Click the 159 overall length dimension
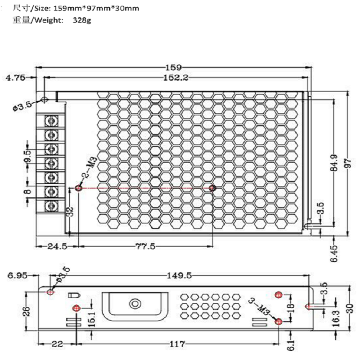pyautogui.click(x=174, y=68)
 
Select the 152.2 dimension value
pyautogui.click(x=176, y=78)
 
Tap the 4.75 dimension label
pyautogui.click(x=15, y=78)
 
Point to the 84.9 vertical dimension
pyautogui.click(x=334, y=163)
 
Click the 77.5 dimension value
pyautogui.click(x=145, y=247)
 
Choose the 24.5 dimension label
pyautogui.click(x=57, y=247)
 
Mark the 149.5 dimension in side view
pyautogui.click(x=179, y=276)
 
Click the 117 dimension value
pyautogui.click(x=177, y=344)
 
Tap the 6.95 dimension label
pyautogui.click(x=17, y=276)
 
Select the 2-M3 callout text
pyautogui.click(x=90, y=167)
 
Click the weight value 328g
pyautogui.click(x=82, y=20)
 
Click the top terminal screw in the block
pyautogui.click(x=51, y=121)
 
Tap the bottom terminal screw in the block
pyautogui.click(x=51, y=205)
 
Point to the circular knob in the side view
pyautogui.click(x=135, y=304)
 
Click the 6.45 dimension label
pyautogui.click(x=334, y=253)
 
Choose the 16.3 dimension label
pyautogui.click(x=336, y=318)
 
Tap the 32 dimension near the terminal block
pyautogui.click(x=71, y=211)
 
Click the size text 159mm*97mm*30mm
pyautogui.click(x=96, y=9)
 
